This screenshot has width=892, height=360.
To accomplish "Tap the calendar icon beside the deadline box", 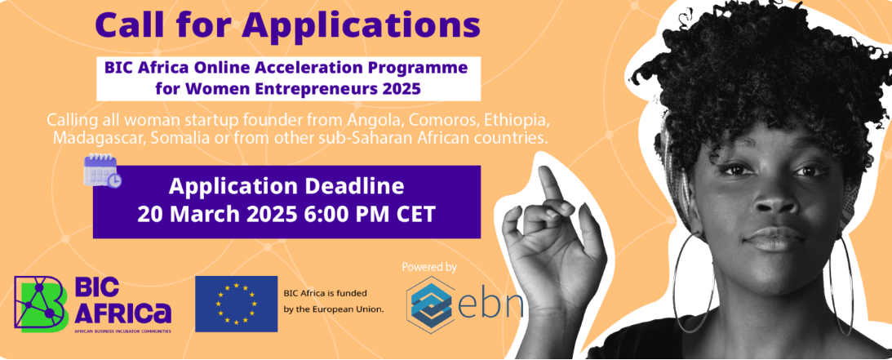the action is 102,171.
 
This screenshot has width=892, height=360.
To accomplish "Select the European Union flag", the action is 236,304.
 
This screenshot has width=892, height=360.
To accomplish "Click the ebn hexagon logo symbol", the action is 431,304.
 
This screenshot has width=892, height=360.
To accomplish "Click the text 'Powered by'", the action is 429,266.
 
